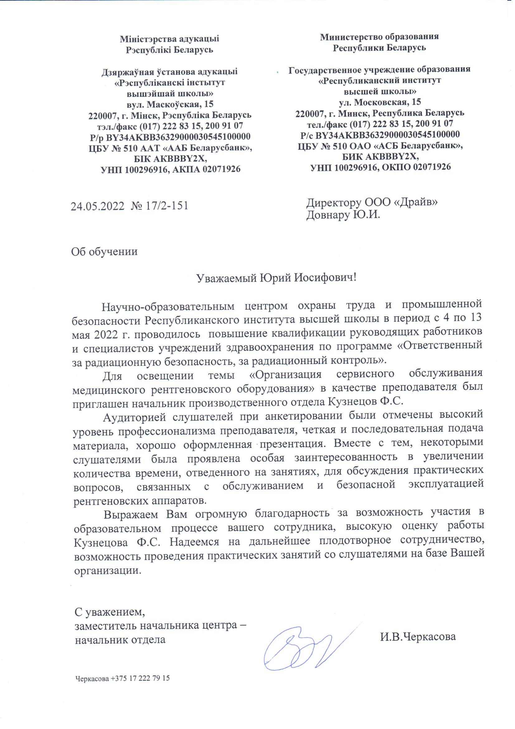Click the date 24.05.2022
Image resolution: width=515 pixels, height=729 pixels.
coord(97,206)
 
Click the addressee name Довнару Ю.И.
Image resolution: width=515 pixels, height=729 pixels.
coord(343,215)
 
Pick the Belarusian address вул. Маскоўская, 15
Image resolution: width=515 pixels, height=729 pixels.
coord(170,104)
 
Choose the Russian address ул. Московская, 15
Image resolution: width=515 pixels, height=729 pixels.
coord(380,102)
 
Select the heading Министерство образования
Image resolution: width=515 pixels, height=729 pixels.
coord(379,37)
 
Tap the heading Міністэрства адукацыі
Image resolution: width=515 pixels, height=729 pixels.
coord(170,39)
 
